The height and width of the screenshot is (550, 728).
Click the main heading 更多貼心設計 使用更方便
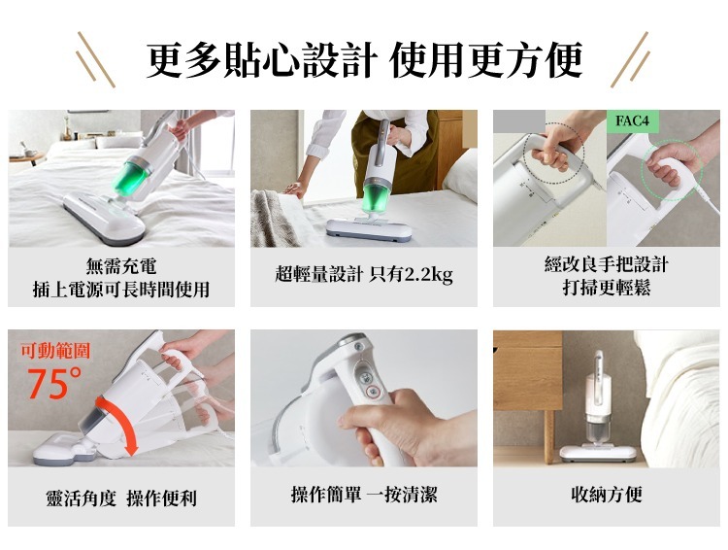click(364, 60)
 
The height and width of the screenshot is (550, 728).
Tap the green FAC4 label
click(632, 120)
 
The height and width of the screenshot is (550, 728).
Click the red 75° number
click(54, 383)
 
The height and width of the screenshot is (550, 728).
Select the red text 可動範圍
click(54, 351)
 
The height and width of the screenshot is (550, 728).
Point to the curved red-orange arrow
click(121, 420)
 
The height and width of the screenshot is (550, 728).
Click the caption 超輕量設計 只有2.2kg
click(364, 274)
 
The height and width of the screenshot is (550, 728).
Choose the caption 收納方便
click(607, 494)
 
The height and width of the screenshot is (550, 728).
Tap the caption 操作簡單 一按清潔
click(364, 494)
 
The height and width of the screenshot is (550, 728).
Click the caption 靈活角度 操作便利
click(121, 498)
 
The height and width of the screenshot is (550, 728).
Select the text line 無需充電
click(121, 266)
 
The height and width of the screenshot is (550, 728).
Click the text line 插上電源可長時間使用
click(121, 290)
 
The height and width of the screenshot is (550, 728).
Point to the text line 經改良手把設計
click(607, 264)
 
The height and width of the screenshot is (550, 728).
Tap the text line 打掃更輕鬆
click(607, 287)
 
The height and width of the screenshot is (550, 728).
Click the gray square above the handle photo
click(519, 121)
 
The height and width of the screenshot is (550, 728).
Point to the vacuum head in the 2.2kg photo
click(369, 229)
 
